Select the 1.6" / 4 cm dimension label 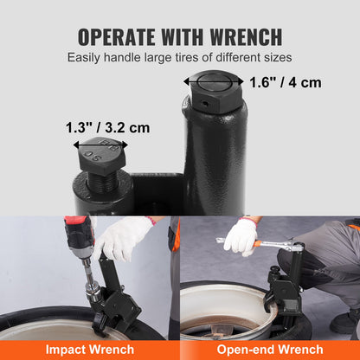(286, 83)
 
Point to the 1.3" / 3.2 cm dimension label (107, 127)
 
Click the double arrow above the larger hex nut (209, 79)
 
